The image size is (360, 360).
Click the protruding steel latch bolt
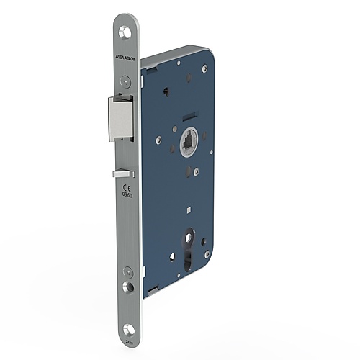pyautogui.click(x=121, y=118)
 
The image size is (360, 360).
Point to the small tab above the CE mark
pyautogui.click(x=123, y=174)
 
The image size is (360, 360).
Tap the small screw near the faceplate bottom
pyautogui.click(x=127, y=272)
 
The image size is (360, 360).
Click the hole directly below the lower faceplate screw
pyautogui.click(x=127, y=287)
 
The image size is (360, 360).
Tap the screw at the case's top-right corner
pyautogui.click(x=204, y=68)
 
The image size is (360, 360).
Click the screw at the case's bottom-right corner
pyautogui.click(x=207, y=253)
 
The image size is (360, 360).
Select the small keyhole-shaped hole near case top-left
pyautogui.click(x=166, y=91)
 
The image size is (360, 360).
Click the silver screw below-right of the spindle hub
pyautogui.click(x=197, y=171)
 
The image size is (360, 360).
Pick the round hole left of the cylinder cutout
pyautogui.click(x=172, y=256)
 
